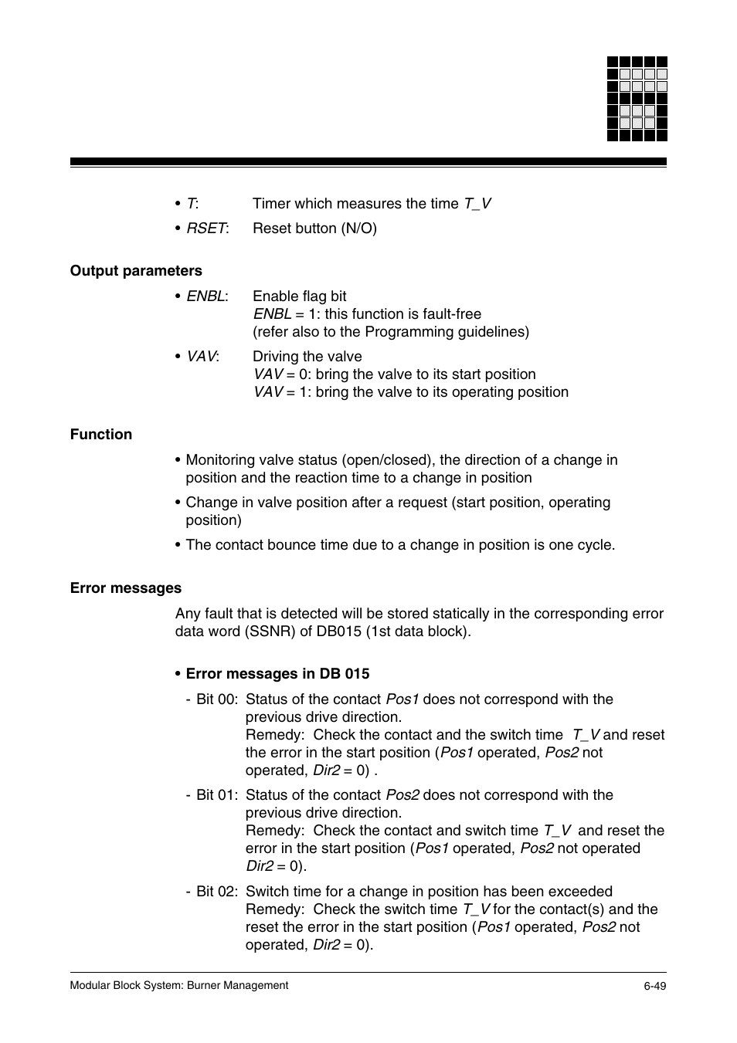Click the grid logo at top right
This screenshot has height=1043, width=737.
637,99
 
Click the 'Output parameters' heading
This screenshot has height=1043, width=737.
136,271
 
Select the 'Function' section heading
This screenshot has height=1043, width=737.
101,435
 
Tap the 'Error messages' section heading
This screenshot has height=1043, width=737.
126,588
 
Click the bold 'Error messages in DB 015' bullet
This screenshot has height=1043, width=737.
277,674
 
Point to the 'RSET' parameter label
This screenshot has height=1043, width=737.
206,229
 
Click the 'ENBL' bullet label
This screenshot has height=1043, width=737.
205,296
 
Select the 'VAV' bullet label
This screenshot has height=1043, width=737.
202,357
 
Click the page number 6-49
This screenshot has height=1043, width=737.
655,986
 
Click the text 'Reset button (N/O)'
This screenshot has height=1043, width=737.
314,229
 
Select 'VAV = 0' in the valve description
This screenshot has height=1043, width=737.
281,374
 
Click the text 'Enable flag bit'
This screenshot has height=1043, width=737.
299,296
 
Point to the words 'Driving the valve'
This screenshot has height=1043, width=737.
307,357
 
